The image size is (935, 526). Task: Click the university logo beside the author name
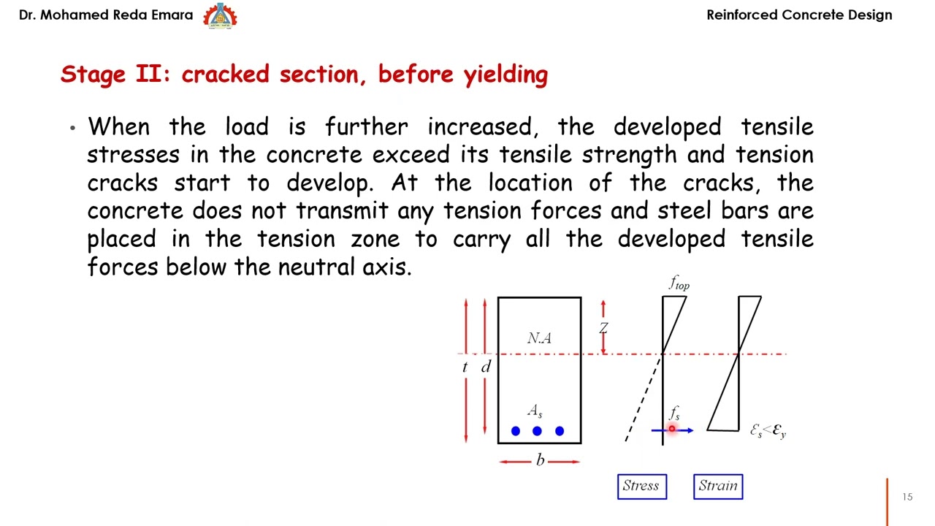[x=220, y=15]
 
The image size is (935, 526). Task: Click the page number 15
[x=907, y=497]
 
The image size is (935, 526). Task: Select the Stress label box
[x=641, y=487]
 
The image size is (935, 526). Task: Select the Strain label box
[x=718, y=487]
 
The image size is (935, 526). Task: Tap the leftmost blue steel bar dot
[x=516, y=431]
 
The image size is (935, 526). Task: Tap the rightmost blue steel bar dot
[x=560, y=431]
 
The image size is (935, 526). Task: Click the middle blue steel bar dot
[x=538, y=431]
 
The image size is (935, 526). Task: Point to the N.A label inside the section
[x=539, y=338]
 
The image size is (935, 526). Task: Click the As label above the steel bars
[x=535, y=411]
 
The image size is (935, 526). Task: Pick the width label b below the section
[x=540, y=460]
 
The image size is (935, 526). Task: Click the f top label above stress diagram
[x=679, y=283]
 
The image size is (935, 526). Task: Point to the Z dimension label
[x=603, y=328]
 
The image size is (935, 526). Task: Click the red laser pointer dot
[x=672, y=430]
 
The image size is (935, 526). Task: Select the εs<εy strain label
[x=768, y=431]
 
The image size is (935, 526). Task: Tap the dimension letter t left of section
[x=465, y=367]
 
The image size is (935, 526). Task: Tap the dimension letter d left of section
[x=486, y=367]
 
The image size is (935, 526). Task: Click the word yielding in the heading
[x=505, y=75]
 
